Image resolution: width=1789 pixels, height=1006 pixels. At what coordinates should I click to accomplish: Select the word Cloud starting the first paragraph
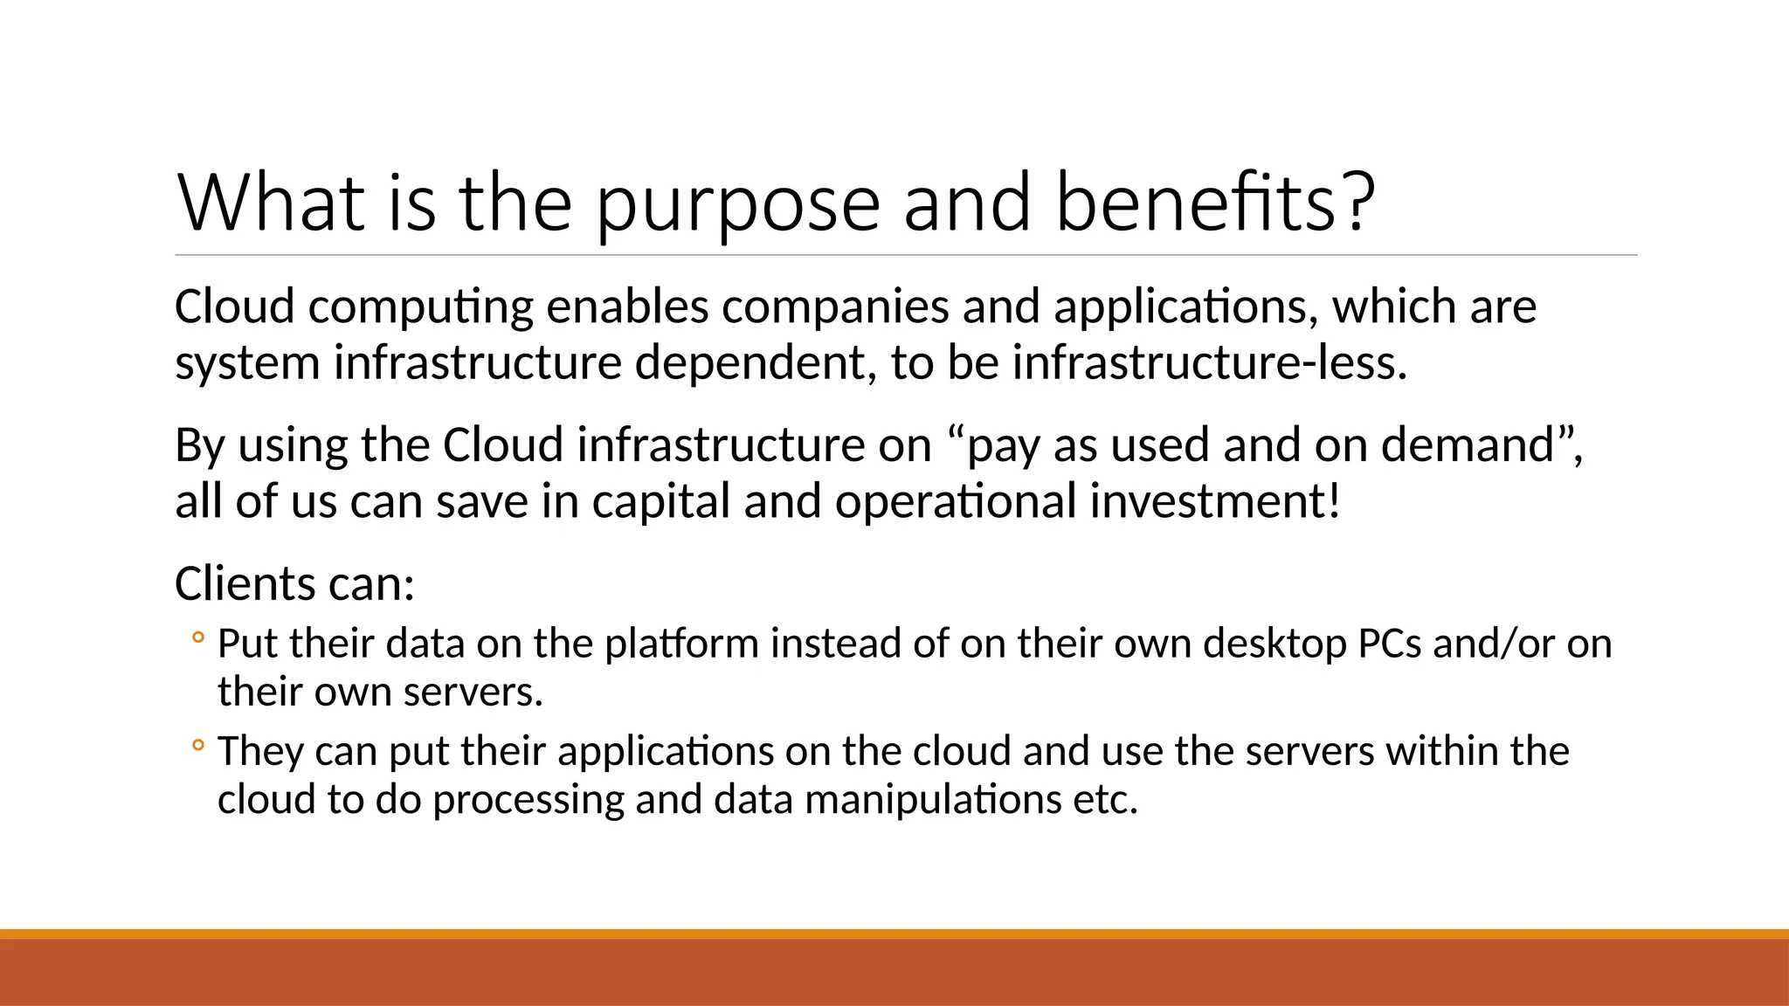point(234,307)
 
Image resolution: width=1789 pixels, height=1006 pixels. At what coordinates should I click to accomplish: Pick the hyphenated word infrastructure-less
point(1209,362)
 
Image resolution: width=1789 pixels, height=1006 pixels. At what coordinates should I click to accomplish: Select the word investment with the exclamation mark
point(1214,501)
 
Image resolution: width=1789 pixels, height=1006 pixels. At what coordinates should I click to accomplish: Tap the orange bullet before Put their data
point(198,638)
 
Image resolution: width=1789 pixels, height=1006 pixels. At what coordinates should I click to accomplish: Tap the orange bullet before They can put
point(198,746)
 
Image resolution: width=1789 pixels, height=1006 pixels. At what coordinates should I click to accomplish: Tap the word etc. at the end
point(1106,800)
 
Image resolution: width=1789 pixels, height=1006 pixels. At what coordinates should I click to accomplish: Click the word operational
point(956,502)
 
